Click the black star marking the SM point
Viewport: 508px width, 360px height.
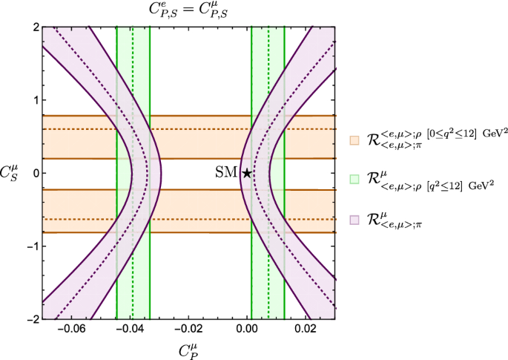[247, 173]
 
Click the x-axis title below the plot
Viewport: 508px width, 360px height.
[188, 350]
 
